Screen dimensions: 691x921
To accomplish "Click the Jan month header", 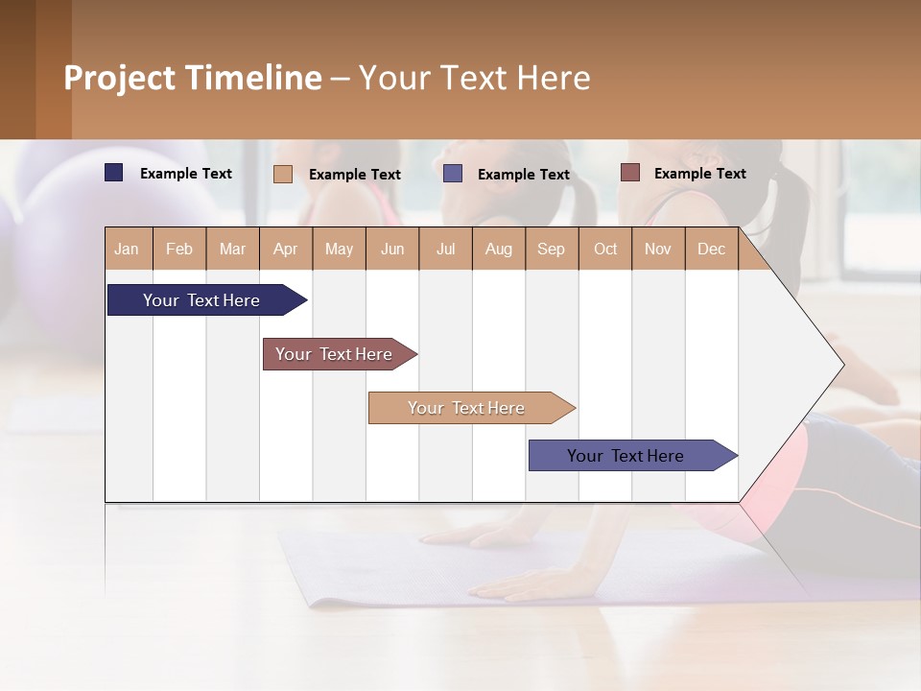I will [127, 250].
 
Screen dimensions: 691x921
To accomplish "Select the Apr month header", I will [286, 250].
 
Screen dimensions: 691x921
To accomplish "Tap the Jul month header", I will [445, 250].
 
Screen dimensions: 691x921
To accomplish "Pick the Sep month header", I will [551, 250].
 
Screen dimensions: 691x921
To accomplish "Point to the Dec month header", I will [711, 250].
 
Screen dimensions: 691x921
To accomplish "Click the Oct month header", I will [605, 250].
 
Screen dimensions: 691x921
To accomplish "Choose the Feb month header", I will [179, 250].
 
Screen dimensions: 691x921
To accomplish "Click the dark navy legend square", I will [114, 173].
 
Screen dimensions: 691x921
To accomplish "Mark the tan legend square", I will [283, 174].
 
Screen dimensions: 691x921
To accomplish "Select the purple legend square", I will [453, 174].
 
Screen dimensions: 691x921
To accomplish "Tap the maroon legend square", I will [630, 173].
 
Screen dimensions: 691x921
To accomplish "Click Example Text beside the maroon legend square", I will [699, 174].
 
